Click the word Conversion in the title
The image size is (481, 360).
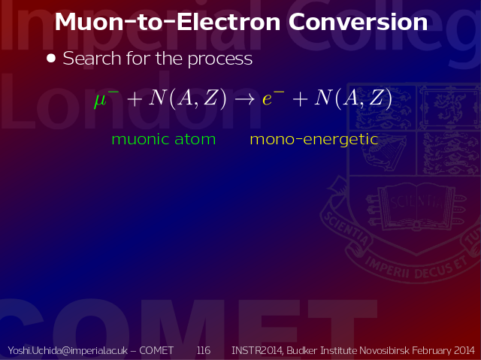[x=358, y=22]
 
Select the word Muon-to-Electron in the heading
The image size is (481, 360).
[x=168, y=22]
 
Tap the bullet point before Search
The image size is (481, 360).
[x=51, y=59]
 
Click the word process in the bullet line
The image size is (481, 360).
[x=220, y=59]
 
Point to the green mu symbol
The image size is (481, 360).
[x=101, y=100]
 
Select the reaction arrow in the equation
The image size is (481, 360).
[x=244, y=98]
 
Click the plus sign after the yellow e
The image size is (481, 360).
[x=301, y=99]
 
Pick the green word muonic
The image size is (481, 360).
[x=141, y=139]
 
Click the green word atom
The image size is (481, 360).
[x=195, y=139]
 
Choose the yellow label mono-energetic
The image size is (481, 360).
[x=314, y=140]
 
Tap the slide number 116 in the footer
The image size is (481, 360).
[x=204, y=350]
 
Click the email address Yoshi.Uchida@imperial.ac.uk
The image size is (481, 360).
[x=68, y=350]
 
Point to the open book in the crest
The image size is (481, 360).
[x=416, y=207]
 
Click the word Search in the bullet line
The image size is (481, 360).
[x=92, y=58]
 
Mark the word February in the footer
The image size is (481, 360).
[x=431, y=351]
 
